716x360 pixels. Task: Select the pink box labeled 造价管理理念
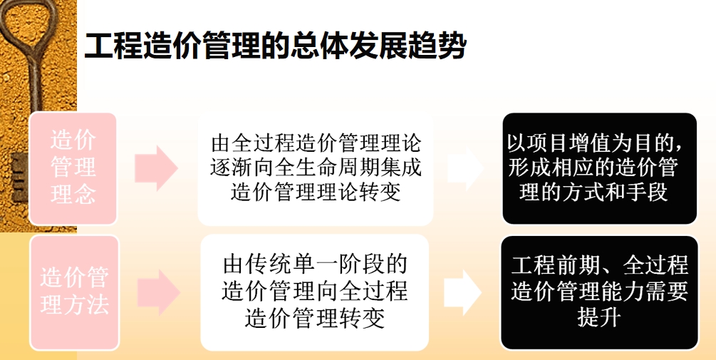point(73,168)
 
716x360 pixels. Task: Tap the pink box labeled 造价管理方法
point(74,292)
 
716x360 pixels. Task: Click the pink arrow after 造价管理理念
point(156,168)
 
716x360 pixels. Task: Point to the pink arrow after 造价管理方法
point(158,292)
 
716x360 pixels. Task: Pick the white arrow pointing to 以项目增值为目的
point(465,168)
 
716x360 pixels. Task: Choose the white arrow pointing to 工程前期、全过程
point(462,292)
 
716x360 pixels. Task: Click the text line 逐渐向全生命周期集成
point(316,168)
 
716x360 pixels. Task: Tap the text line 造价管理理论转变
point(316,192)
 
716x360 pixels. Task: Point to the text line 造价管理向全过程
point(315,291)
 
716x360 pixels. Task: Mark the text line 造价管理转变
point(315,317)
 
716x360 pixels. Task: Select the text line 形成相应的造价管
point(593,168)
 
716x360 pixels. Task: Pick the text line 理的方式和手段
point(593,192)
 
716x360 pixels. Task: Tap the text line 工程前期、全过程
point(600,265)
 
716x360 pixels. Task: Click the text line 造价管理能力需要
point(600,292)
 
